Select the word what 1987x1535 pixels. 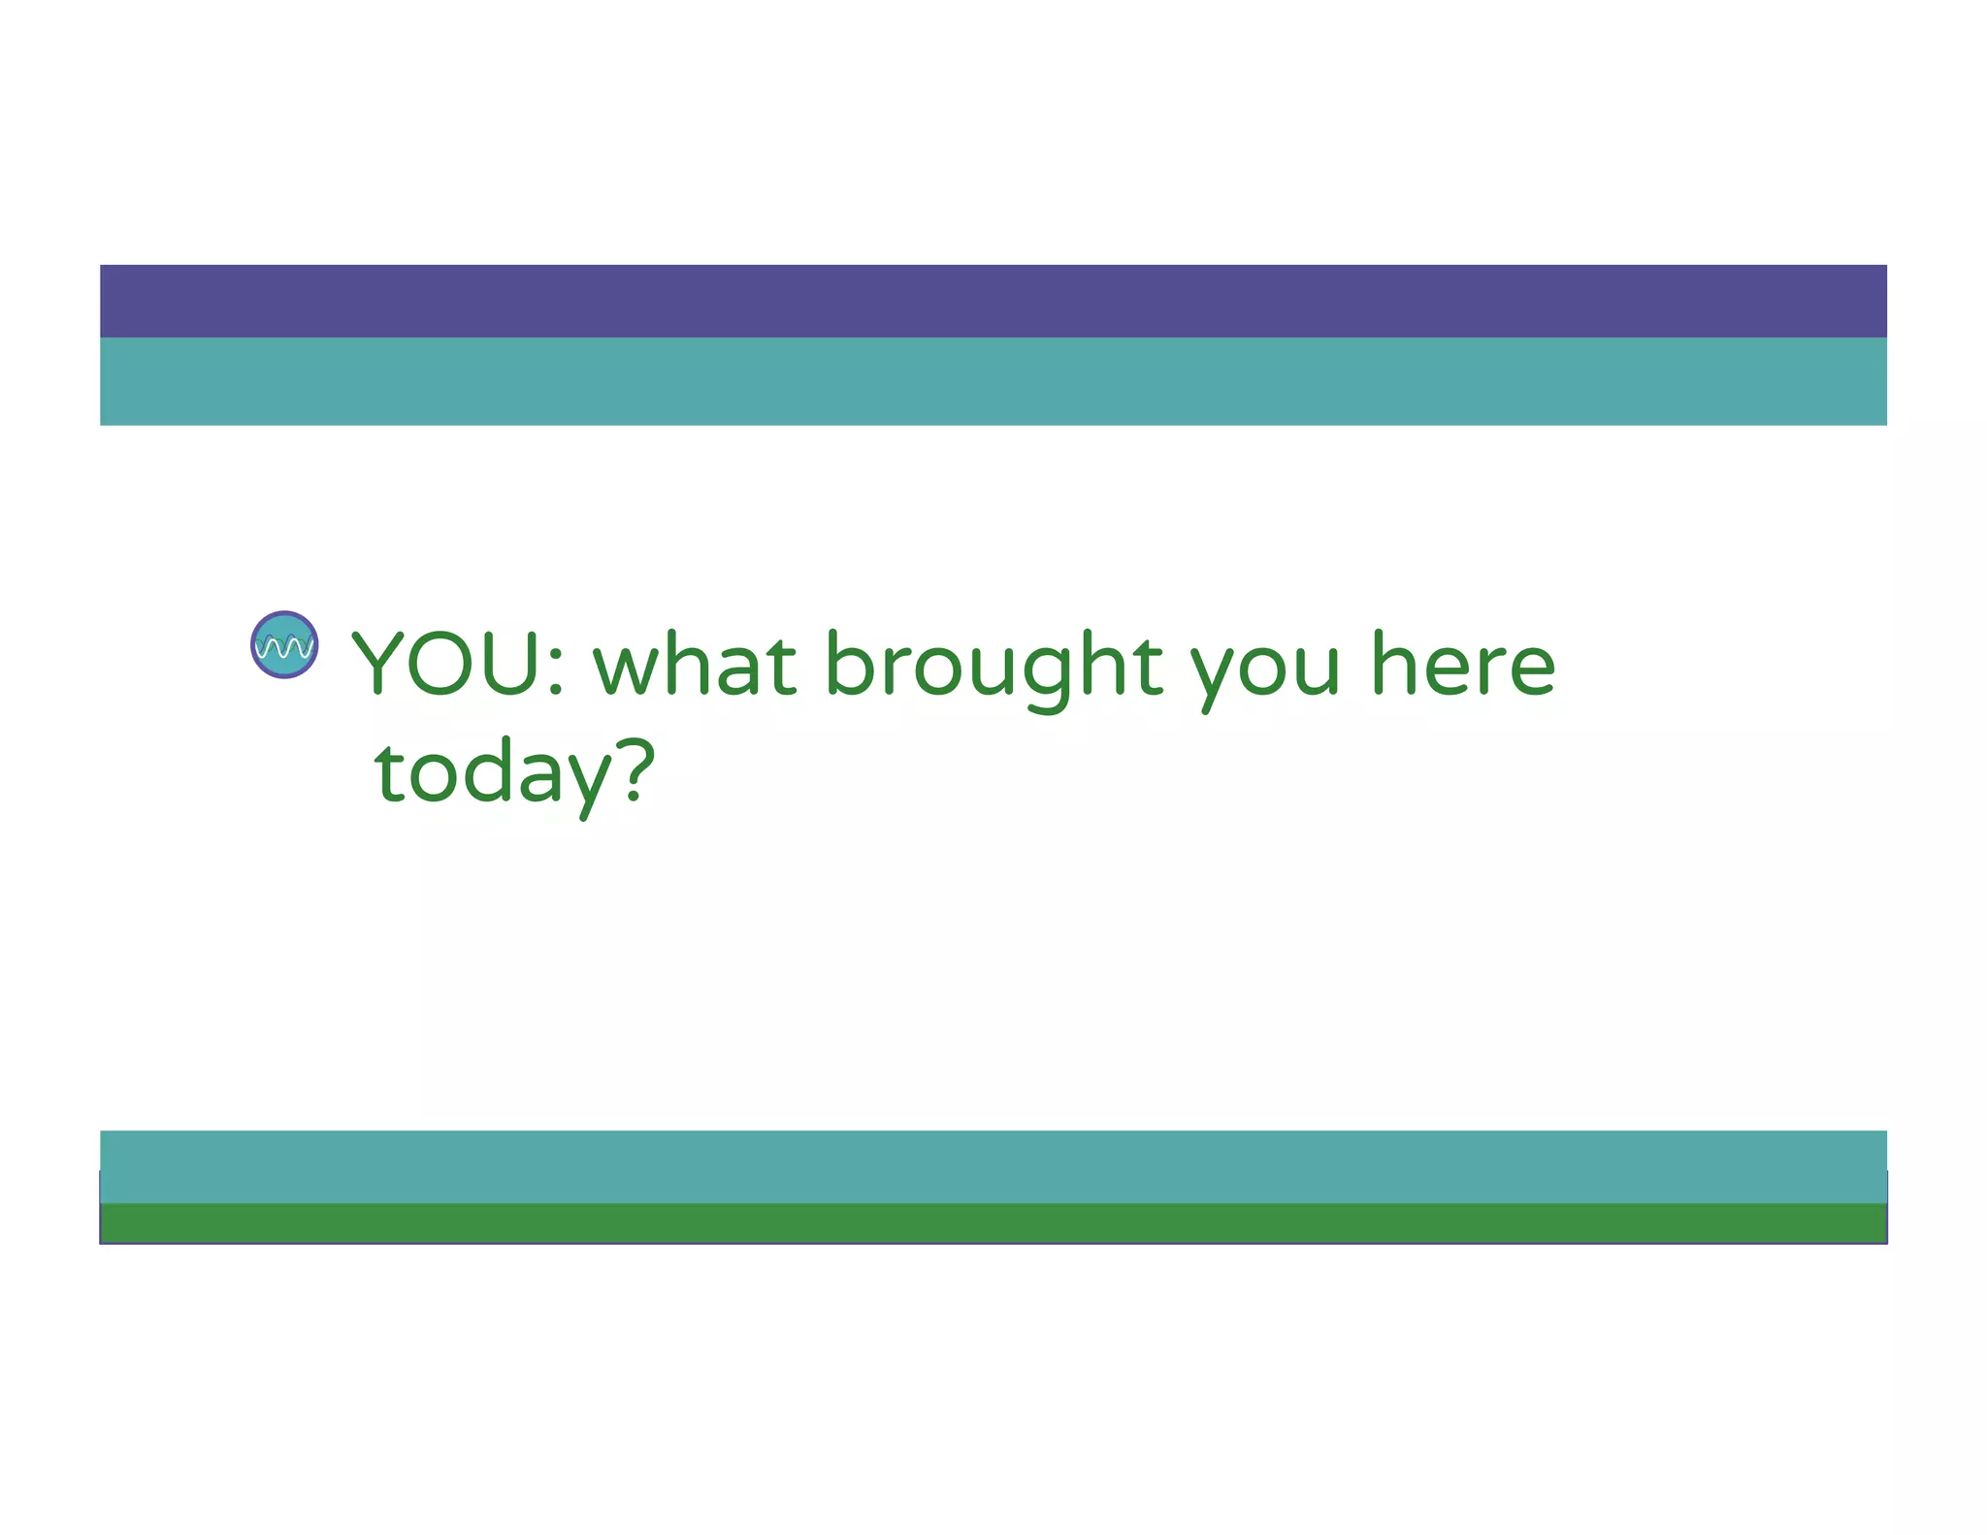coord(695,664)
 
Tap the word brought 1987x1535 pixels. coord(994,666)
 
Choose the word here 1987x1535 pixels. coord(1463,664)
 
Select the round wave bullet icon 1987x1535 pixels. coord(284,644)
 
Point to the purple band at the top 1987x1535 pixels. coord(993,301)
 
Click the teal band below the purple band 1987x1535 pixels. coord(993,381)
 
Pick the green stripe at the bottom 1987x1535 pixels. coord(993,1223)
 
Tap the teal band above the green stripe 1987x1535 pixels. coord(993,1166)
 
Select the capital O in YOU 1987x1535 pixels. coord(445,664)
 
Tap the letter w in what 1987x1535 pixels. coord(627,670)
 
